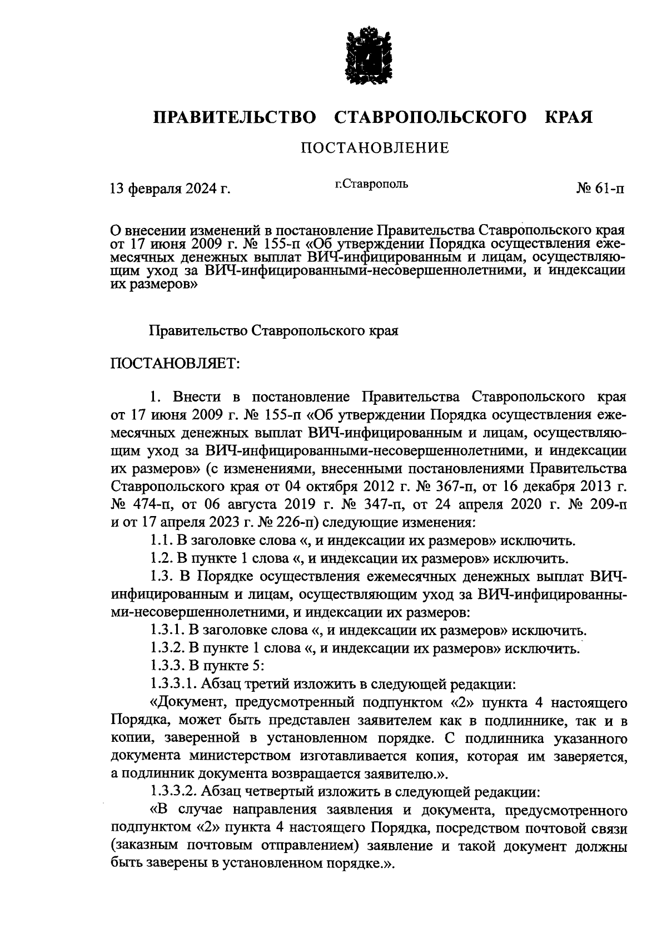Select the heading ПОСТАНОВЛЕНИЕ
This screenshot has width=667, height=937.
click(375, 148)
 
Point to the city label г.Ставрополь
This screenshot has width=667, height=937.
click(371, 184)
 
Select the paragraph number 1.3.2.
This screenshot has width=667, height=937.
click(167, 648)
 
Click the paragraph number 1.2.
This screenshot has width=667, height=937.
click(161, 558)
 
